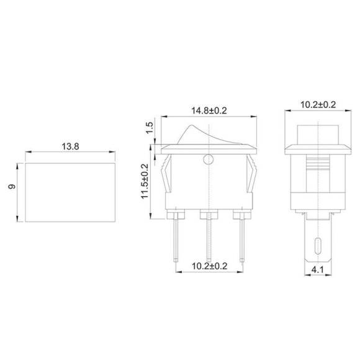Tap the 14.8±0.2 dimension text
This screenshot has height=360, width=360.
(x=211, y=111)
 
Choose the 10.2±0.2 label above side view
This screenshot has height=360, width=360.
(x=317, y=104)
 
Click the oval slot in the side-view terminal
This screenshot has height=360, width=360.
(x=317, y=243)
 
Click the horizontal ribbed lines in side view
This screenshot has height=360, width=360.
(x=317, y=168)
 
